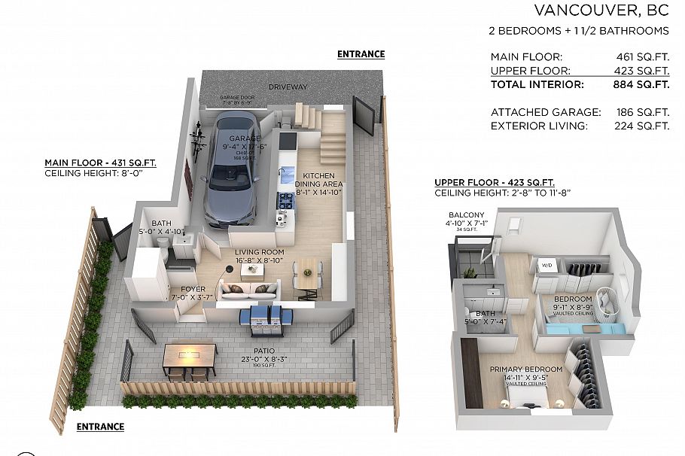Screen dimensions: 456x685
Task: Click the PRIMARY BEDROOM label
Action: [526, 369]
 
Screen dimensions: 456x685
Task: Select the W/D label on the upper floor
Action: [546, 265]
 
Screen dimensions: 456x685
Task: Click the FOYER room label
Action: [182, 289]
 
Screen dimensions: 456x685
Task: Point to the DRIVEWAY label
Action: [288, 87]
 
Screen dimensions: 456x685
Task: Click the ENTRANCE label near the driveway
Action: [361, 54]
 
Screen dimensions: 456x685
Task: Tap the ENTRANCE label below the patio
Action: [101, 427]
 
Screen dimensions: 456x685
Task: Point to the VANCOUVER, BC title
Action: [601, 11]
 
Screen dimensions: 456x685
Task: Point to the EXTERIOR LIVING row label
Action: [538, 126]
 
